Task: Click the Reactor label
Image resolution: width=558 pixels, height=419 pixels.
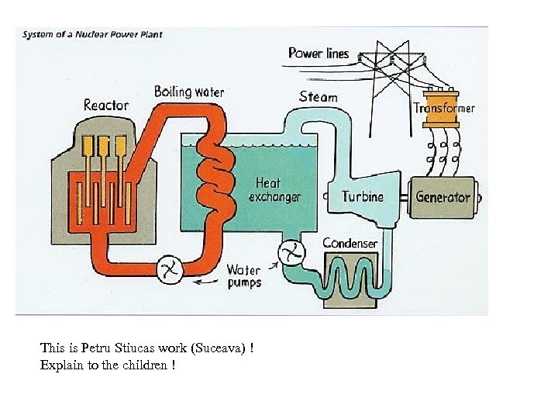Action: click(x=106, y=105)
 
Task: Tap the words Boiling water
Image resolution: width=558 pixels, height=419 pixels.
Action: click(x=189, y=92)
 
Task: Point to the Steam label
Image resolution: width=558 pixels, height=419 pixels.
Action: click(x=319, y=97)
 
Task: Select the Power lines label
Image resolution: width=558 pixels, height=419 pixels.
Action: click(x=319, y=53)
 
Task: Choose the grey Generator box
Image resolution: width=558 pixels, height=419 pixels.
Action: click(x=443, y=196)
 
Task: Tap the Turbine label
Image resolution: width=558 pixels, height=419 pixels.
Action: click(x=363, y=196)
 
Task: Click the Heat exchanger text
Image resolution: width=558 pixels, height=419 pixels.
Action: click(x=274, y=190)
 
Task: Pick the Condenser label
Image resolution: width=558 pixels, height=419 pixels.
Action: click(x=350, y=244)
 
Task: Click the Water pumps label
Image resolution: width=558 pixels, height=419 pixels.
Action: click(x=244, y=276)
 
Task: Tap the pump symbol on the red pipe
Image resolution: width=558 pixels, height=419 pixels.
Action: click(x=169, y=269)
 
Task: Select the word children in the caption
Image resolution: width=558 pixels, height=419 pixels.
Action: click(x=146, y=365)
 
